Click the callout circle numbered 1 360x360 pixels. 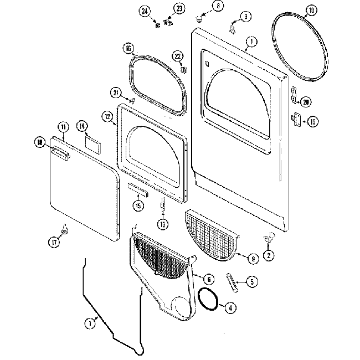[251, 41]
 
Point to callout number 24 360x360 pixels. [145, 11]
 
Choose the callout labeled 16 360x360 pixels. [128, 49]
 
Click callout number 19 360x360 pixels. [312, 122]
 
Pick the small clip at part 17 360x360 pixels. [64, 228]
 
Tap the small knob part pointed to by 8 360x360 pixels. [197, 19]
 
